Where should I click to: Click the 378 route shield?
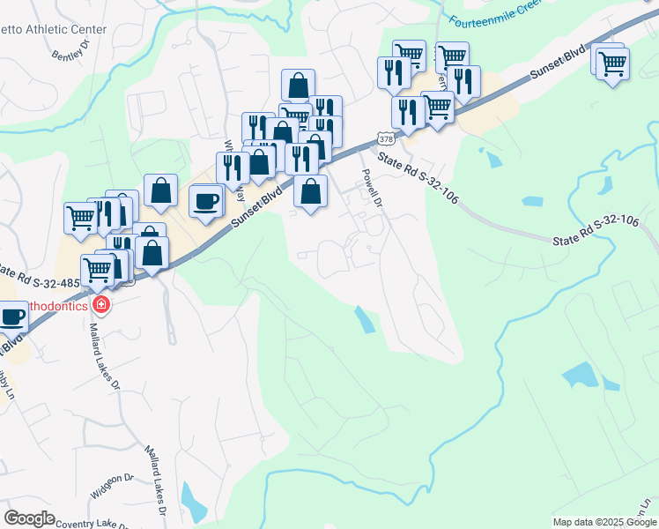click(x=385, y=138)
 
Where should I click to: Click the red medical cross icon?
click(x=101, y=305)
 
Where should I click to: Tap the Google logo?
click(x=29, y=518)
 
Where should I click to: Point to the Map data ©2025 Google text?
click(x=603, y=522)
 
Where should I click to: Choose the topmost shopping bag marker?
click(x=299, y=86)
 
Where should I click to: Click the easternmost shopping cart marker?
click(x=612, y=64)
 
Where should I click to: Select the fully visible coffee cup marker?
click(x=206, y=200)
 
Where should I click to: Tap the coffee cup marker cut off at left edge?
click(x=11, y=317)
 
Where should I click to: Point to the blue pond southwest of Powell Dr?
click(x=364, y=319)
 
